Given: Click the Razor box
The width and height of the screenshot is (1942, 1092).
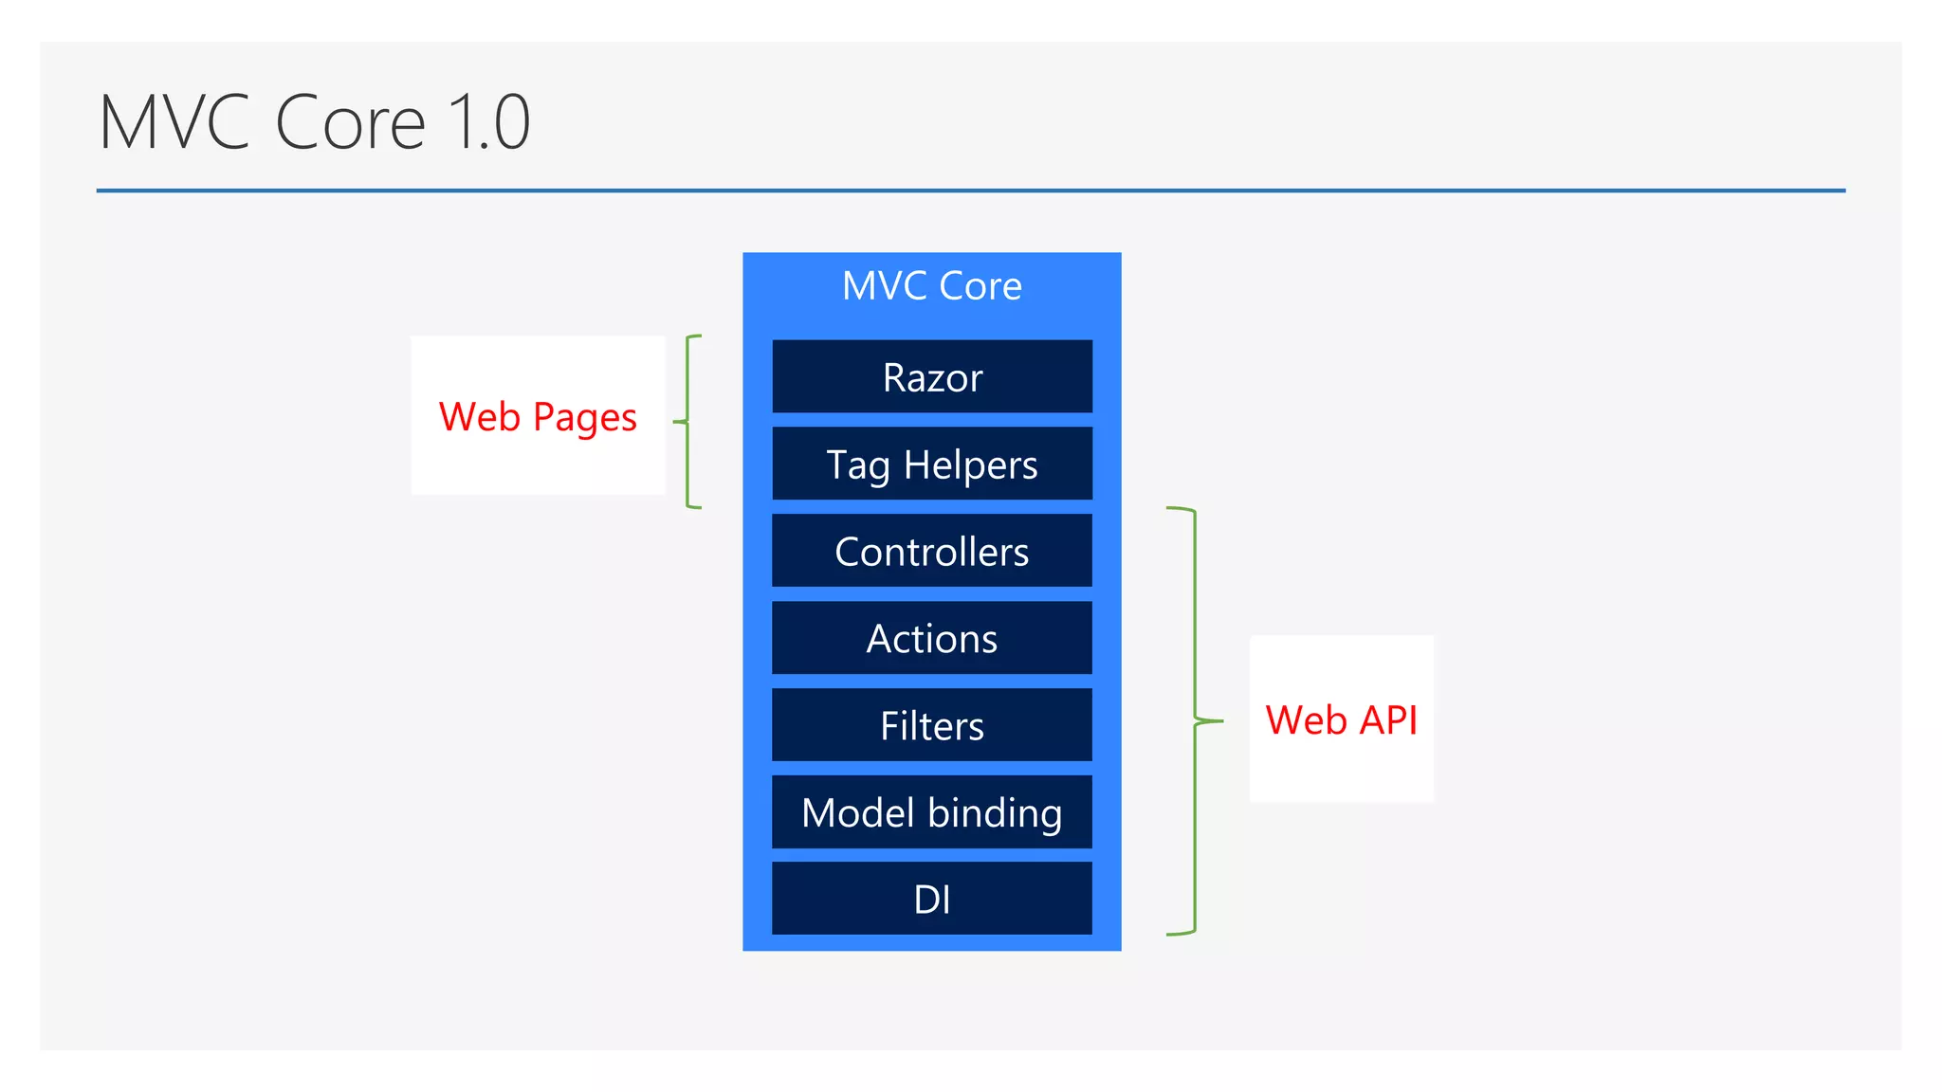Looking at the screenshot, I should point(932,376).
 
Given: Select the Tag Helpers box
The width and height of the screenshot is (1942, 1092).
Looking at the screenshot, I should point(932,464).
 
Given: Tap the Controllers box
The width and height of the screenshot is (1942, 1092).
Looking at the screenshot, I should point(932,551).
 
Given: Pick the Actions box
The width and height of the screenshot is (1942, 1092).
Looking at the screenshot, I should point(932,638).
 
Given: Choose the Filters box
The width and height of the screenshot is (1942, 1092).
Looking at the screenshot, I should point(932,725).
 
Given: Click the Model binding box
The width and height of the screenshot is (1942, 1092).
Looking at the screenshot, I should point(932,812).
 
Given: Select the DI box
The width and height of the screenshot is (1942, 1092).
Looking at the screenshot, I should point(932,899).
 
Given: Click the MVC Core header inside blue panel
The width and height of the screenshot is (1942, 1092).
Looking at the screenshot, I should point(932,285).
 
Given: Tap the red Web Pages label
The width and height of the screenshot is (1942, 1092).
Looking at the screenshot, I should point(538,416).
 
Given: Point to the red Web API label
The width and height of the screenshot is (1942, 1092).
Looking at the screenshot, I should point(1341,719).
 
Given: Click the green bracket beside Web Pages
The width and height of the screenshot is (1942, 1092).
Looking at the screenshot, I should point(687,421).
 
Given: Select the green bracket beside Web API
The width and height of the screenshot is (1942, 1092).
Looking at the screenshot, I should point(1195,720).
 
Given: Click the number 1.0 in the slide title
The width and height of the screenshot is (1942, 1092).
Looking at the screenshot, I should point(488,122).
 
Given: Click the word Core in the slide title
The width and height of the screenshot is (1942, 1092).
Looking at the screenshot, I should point(350,122).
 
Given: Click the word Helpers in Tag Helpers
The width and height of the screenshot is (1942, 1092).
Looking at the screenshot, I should point(970,464).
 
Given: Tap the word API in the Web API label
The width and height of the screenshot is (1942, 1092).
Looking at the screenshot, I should point(1388,719).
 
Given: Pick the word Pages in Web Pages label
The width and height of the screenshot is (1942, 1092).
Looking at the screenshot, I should point(584,418).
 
